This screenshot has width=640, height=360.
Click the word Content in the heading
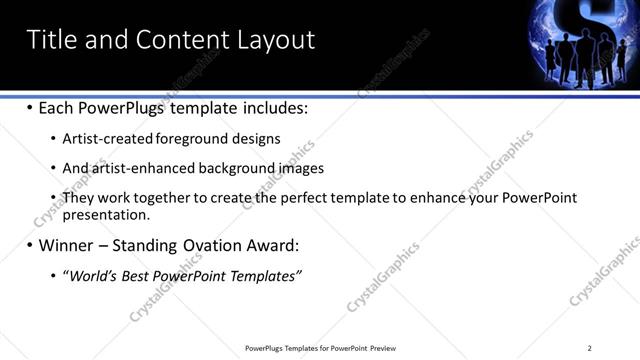click(x=180, y=39)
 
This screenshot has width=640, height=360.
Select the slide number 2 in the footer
click(x=589, y=348)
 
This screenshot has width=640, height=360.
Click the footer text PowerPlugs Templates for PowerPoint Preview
click(x=320, y=348)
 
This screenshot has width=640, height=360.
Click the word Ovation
click(x=213, y=245)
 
